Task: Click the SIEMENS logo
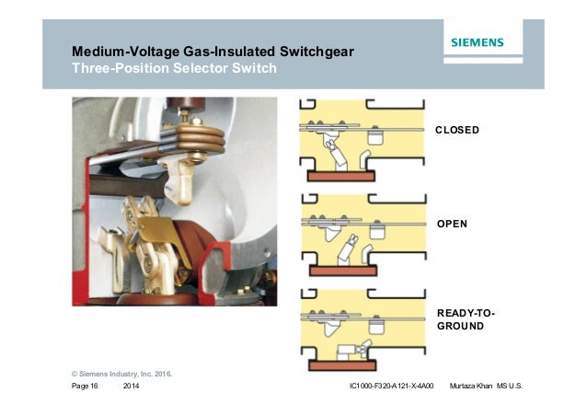[477, 41]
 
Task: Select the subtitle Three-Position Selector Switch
[174, 68]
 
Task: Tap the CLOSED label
[457, 131]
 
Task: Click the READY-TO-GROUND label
[466, 319]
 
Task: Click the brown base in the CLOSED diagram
[341, 175]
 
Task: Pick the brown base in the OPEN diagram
[341, 271]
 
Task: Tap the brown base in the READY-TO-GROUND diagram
[341, 365]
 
